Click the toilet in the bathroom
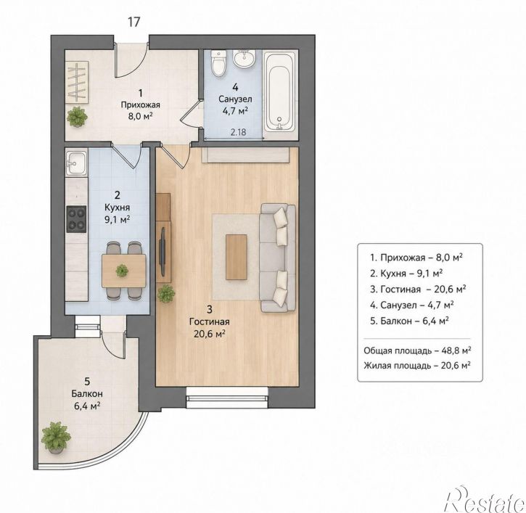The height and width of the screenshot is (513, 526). pyautogui.click(x=219, y=63)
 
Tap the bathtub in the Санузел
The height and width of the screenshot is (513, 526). pyautogui.click(x=280, y=91)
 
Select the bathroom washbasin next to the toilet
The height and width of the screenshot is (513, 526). pyautogui.click(x=244, y=59)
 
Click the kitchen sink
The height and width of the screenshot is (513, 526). pyautogui.click(x=76, y=163)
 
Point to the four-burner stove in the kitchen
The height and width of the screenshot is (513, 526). pyautogui.click(x=76, y=219)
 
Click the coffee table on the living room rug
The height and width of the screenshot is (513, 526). pyautogui.click(x=237, y=257)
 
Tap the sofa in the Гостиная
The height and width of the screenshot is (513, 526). pyautogui.click(x=278, y=258)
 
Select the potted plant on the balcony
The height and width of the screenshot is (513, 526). pyautogui.click(x=56, y=437)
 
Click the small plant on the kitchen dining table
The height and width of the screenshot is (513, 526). pyautogui.click(x=122, y=271)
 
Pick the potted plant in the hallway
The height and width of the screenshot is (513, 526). pyautogui.click(x=77, y=116)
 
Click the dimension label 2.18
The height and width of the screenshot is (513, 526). pyautogui.click(x=238, y=132)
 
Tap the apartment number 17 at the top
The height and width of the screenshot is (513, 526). pyautogui.click(x=133, y=22)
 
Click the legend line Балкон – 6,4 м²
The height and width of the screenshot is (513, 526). pyautogui.click(x=410, y=321)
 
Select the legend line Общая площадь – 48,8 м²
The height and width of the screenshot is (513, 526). pyautogui.click(x=417, y=350)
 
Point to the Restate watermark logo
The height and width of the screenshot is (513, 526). pyautogui.click(x=484, y=498)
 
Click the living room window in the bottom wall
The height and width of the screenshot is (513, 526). pyautogui.click(x=227, y=397)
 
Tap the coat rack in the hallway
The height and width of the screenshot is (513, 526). pyautogui.click(x=77, y=82)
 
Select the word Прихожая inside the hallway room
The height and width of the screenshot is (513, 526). pyautogui.click(x=141, y=105)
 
